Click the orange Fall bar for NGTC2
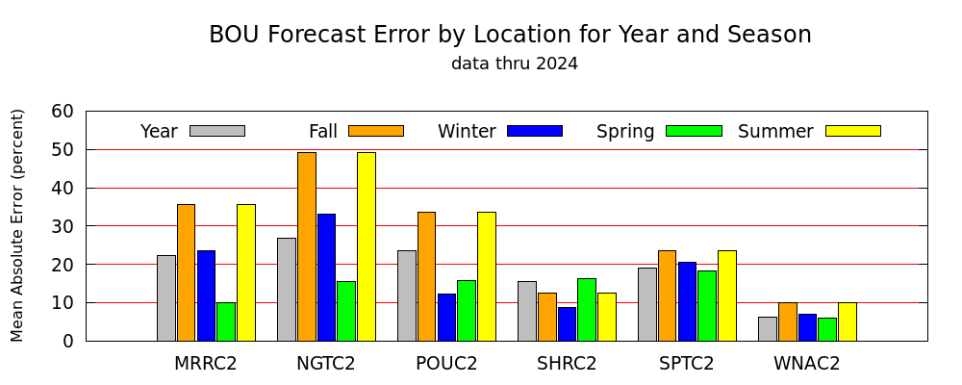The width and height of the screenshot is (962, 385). pos(307,246)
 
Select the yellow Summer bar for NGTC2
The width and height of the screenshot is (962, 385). pos(367,246)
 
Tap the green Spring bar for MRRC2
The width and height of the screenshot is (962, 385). pos(226,321)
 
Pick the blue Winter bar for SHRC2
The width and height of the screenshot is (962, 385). pos(567,324)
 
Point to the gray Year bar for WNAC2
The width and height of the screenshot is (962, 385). pos(768,329)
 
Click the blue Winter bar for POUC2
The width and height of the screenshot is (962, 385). pos(446,318)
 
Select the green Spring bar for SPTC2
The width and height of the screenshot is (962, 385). pos(707,306)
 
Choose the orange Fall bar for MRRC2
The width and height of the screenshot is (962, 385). pos(186,272)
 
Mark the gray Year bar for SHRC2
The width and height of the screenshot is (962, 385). pos(527,311)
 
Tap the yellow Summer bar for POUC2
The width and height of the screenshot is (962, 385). pos(487,276)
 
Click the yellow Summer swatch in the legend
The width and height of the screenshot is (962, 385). pos(853,131)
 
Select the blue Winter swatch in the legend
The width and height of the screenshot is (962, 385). pos(535,131)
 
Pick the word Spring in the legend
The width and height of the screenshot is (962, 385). pos(625,132)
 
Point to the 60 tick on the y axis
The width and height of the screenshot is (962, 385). pos(86,111)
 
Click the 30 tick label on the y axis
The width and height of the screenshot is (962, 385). pos(62,226)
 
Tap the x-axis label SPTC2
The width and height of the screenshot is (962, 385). pos(687,364)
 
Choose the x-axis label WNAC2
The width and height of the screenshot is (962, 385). pos(806,364)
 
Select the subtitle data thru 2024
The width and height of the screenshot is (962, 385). pos(514,64)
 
